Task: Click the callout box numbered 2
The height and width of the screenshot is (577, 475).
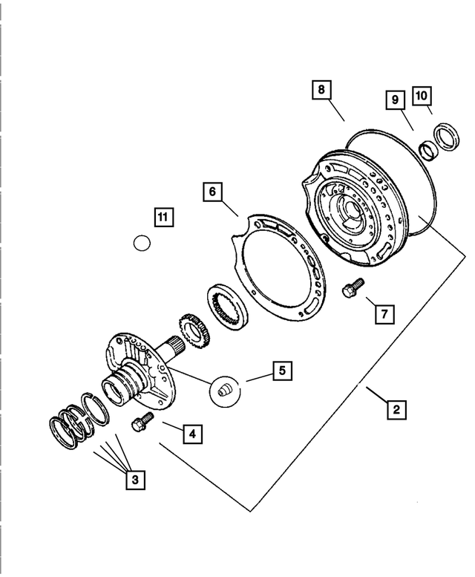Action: [396, 408]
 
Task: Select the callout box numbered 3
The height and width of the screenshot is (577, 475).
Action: [134, 480]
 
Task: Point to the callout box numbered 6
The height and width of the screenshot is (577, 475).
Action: [212, 192]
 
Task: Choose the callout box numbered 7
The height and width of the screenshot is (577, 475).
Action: [384, 314]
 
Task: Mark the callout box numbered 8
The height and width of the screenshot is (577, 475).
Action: [321, 91]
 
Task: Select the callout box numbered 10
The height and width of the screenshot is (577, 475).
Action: [421, 96]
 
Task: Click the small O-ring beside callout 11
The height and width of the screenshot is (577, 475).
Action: [142, 243]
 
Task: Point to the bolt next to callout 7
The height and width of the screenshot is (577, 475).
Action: [351, 287]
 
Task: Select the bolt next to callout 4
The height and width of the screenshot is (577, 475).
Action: [141, 423]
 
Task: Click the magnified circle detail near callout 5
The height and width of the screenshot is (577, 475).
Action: [226, 391]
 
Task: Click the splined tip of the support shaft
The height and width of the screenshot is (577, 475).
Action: [176, 346]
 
